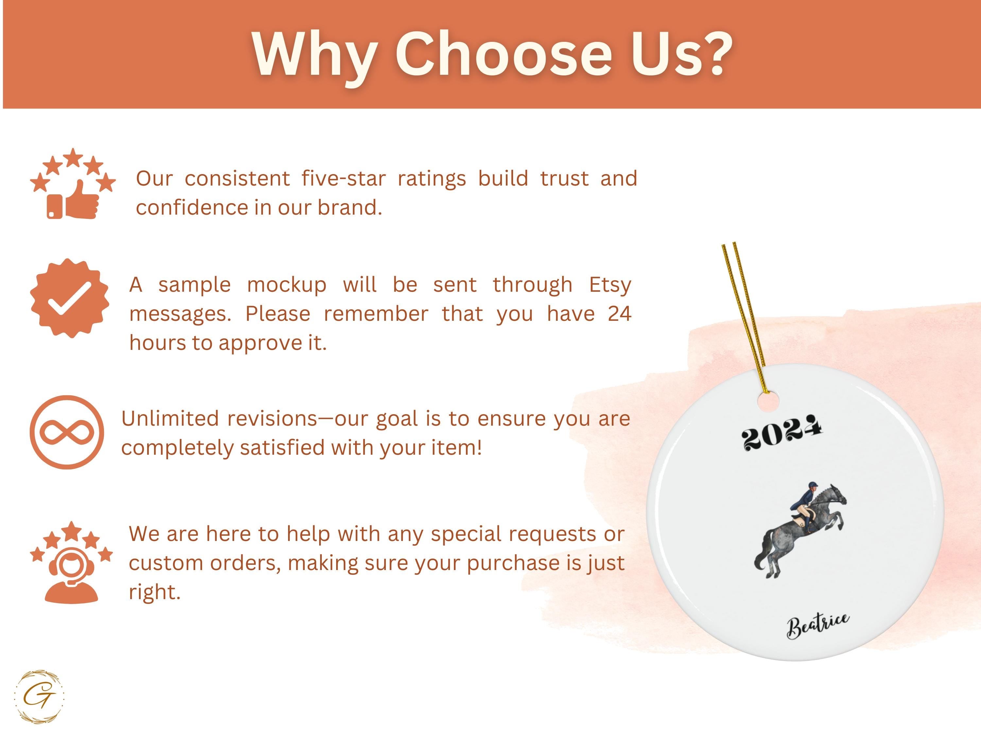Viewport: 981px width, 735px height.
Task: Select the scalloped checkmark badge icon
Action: [70, 298]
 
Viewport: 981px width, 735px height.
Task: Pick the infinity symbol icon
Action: [67, 433]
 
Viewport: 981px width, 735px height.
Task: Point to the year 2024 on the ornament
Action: [782, 433]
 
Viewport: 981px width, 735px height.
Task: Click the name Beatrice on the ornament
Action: [818, 625]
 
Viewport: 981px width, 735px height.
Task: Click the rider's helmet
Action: [812, 485]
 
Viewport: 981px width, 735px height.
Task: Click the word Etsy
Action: [610, 285]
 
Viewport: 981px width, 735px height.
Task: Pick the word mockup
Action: [287, 285]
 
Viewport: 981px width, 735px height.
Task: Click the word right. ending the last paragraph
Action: [155, 592]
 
